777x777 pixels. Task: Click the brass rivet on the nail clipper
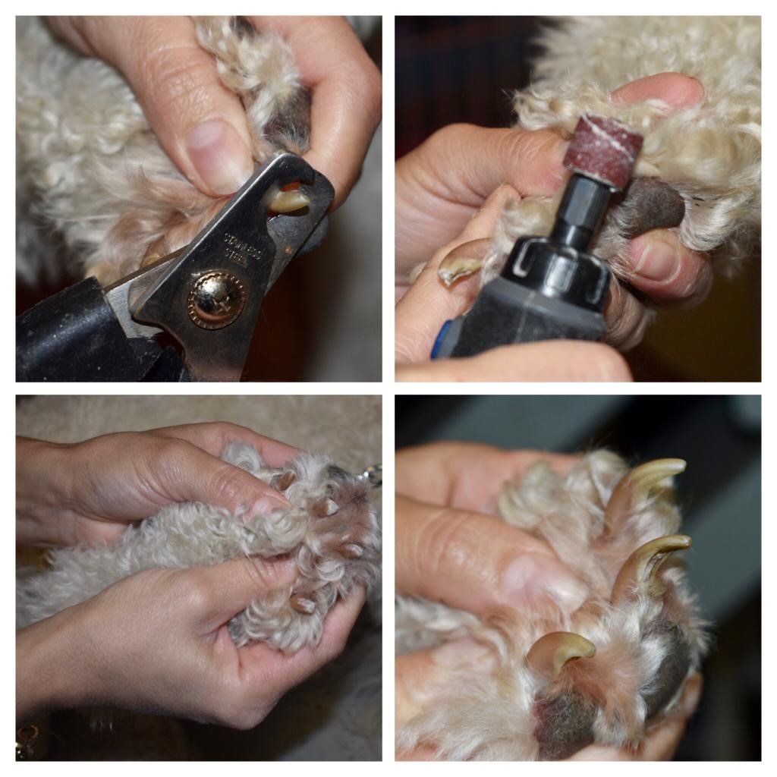(215, 298)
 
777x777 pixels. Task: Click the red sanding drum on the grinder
(603, 149)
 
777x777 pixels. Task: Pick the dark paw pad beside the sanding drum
(652, 206)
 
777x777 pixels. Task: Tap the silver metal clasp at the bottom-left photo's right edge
(372, 475)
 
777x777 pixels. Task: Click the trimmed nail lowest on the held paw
(303, 604)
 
